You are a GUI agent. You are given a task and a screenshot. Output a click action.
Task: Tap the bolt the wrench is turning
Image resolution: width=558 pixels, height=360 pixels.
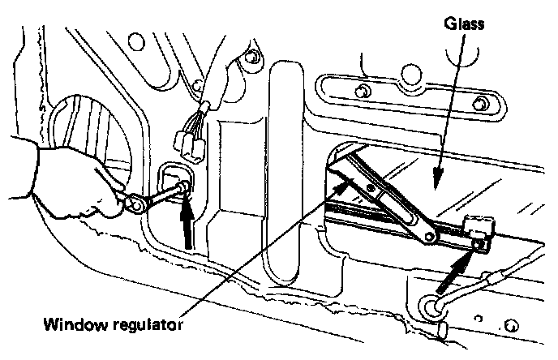pos(185,190)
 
